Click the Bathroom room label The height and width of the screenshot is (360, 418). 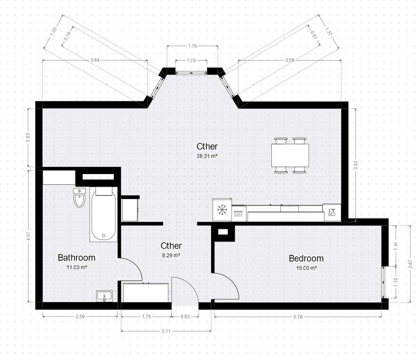click(76, 258)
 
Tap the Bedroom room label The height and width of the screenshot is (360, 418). click(306, 258)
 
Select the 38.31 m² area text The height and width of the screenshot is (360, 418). click(207, 156)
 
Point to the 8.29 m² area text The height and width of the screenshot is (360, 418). click(171, 255)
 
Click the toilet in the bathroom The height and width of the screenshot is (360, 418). click(79, 197)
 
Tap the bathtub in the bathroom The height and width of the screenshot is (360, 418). click(103, 214)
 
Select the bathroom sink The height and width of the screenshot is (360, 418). click(104, 296)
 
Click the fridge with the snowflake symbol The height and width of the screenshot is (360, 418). click(222, 210)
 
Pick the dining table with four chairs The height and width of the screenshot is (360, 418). click(290, 155)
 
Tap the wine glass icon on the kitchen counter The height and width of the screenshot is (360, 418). click(332, 212)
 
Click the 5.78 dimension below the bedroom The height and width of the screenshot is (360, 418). click(298, 317)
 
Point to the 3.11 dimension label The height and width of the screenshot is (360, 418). click(166, 331)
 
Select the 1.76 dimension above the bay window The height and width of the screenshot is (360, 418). click(192, 46)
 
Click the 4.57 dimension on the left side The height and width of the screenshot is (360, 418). click(28, 237)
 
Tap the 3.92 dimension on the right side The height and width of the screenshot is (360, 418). click(355, 165)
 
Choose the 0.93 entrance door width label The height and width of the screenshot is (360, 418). click(185, 317)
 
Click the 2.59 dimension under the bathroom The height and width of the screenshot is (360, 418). click(80, 317)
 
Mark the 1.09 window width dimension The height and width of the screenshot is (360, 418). click(191, 60)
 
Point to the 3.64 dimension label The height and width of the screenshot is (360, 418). click(95, 60)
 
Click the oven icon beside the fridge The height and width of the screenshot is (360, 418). click(238, 214)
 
